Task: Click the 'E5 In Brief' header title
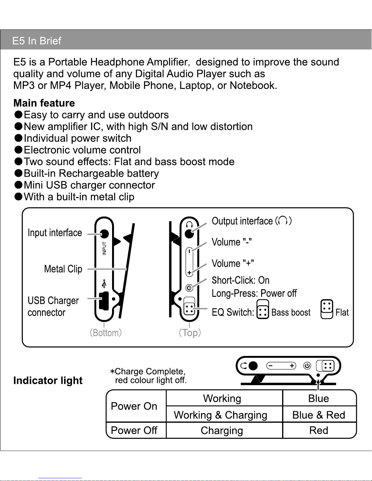[x=37, y=41]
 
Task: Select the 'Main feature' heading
[x=44, y=103]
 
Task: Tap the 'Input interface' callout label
[x=55, y=233]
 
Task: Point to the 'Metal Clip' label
[x=63, y=269]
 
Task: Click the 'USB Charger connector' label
[x=53, y=306]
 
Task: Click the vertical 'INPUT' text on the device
[x=104, y=248]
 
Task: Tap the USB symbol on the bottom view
[x=104, y=284]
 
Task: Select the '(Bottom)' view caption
[x=106, y=333]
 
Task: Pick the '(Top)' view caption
[x=190, y=333]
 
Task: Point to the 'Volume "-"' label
[x=232, y=242]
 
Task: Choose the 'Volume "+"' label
[x=233, y=263]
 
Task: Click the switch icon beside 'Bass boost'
[x=263, y=310]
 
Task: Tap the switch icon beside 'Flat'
[x=327, y=310]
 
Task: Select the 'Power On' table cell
[x=134, y=406]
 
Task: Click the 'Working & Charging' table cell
[x=220, y=415]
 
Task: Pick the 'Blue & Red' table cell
[x=319, y=415]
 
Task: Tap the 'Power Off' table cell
[x=134, y=430]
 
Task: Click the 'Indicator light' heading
[x=48, y=380]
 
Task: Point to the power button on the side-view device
[x=307, y=366]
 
